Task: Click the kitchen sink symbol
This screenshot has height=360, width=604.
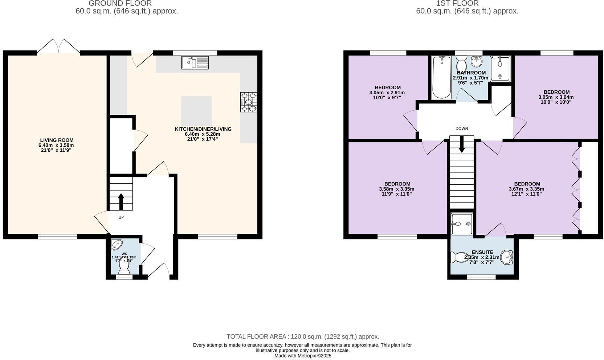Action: click(x=195, y=63)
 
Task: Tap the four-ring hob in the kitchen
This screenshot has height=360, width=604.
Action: click(x=249, y=102)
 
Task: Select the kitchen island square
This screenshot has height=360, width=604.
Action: click(x=196, y=111)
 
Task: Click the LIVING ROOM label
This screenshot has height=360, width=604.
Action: click(x=57, y=140)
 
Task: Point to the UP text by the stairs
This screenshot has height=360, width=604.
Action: click(x=121, y=218)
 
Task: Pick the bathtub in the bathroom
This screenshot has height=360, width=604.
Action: click(x=441, y=77)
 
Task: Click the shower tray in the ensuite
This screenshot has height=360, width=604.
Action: click(x=462, y=224)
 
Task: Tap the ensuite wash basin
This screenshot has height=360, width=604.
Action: click(x=506, y=257)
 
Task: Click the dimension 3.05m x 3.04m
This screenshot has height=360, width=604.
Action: click(x=556, y=97)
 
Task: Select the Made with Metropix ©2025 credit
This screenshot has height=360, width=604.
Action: click(x=303, y=356)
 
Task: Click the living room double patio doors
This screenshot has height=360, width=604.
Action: click(x=58, y=47)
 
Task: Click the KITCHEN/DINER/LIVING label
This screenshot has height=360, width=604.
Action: click(x=203, y=129)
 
